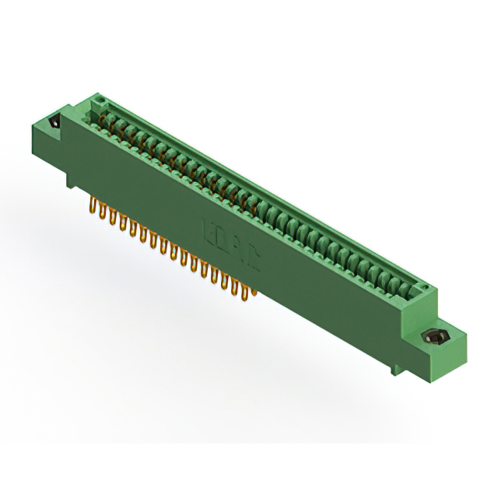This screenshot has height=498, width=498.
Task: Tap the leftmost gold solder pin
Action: point(93,206)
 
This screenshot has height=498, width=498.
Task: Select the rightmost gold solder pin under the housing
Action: point(251,291)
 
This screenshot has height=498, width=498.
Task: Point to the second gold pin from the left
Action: point(103,211)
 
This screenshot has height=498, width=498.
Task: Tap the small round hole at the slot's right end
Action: point(425,289)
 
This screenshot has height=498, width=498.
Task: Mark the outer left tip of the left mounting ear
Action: point(32,118)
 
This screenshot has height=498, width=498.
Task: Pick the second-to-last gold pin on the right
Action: point(241,286)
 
